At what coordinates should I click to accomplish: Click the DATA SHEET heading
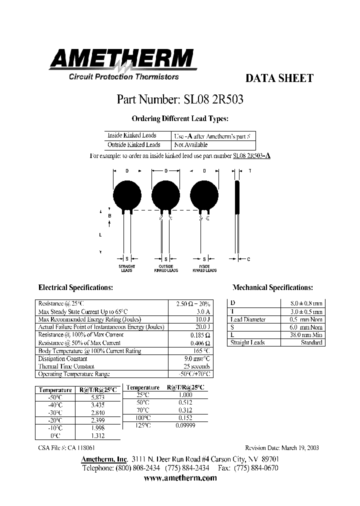coord(279,78)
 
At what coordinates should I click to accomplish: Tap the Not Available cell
coord(190,144)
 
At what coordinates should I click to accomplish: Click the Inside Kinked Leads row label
coord(132,135)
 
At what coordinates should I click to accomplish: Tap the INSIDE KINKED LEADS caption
coord(204,268)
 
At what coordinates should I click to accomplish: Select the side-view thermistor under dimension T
coord(238,197)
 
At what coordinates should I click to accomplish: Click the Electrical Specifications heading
coord(75,287)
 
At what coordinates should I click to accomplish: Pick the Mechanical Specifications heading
coord(272,287)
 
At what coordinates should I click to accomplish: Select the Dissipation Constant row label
coord(59,358)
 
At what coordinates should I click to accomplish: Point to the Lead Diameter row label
coord(247,319)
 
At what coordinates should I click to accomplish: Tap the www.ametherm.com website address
coord(180,478)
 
